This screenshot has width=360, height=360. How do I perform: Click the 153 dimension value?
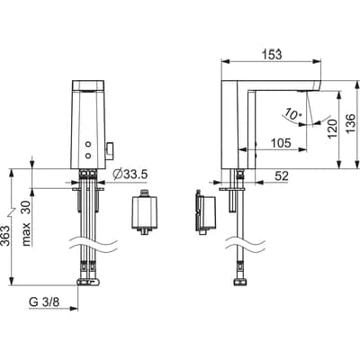[x=272, y=55]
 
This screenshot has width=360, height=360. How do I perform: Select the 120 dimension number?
[x=332, y=129]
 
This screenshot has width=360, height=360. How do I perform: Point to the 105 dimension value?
[x=281, y=143]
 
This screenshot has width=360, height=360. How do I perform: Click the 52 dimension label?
[x=282, y=176]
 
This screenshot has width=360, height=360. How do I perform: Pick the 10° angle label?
[x=292, y=113]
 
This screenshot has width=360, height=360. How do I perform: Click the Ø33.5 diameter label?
[x=130, y=174]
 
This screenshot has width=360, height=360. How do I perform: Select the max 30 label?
[x=26, y=222]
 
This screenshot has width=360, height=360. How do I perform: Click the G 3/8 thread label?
[x=44, y=302]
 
